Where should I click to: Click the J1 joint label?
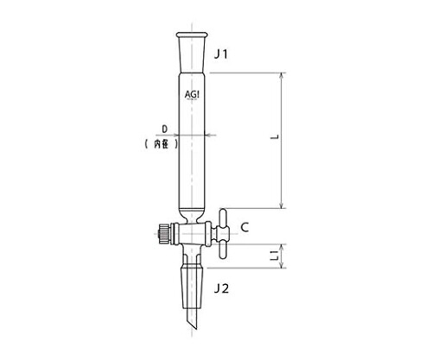[x=221, y=54]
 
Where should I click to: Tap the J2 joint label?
[x=221, y=288]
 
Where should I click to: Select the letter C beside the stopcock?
[x=245, y=227]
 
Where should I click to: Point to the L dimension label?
[x=276, y=137]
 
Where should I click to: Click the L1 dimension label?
[x=276, y=256]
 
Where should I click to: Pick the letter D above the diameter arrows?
[x=165, y=129]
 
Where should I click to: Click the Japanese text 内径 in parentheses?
[x=162, y=143]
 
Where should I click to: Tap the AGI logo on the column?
[x=192, y=94]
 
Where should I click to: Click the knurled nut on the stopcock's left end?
[x=164, y=234]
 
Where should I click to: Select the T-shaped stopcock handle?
[x=223, y=233]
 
